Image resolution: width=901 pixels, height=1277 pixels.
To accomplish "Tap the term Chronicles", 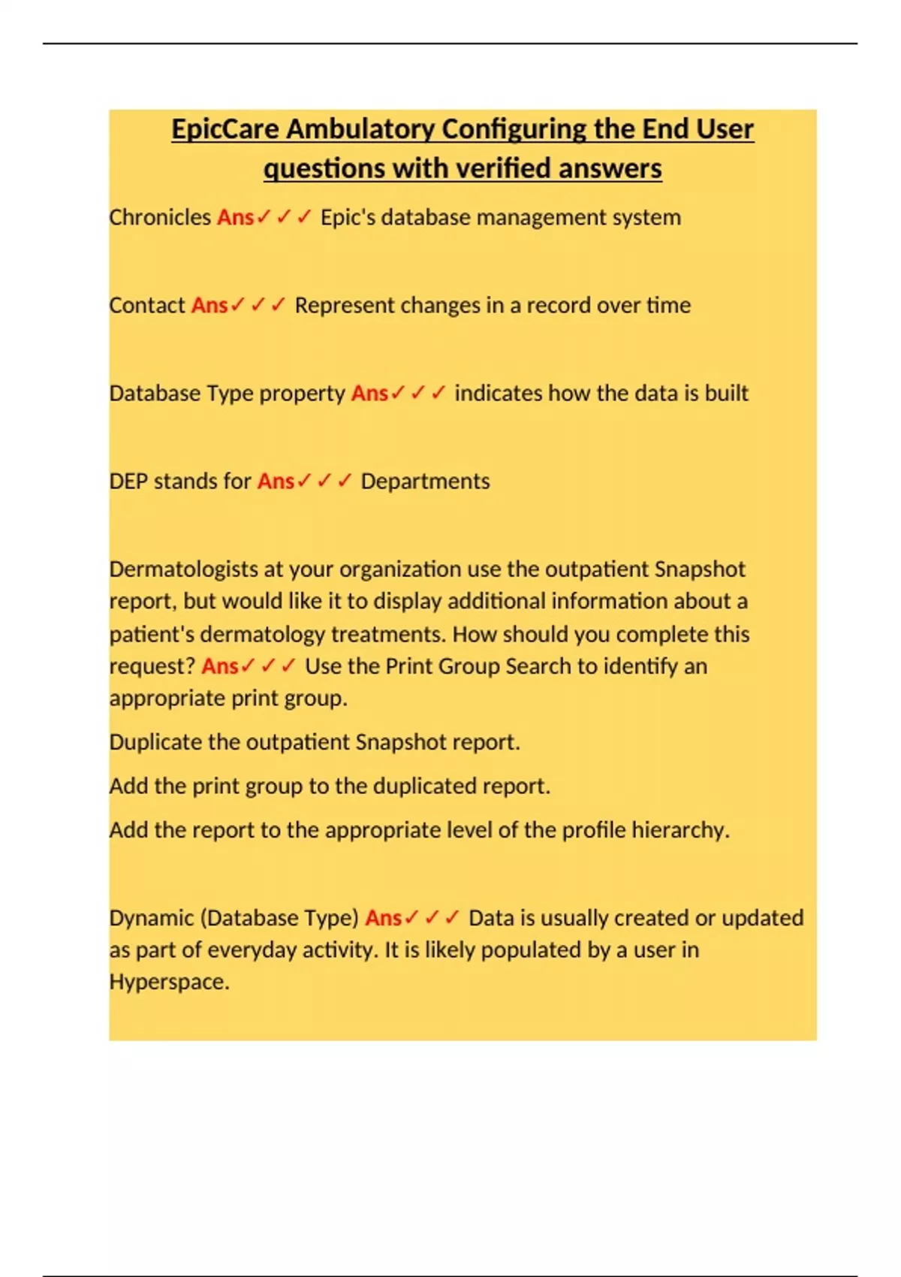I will [x=160, y=217].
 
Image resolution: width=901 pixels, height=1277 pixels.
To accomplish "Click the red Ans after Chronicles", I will [x=235, y=217].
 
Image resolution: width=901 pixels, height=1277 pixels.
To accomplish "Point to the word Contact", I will [x=147, y=305].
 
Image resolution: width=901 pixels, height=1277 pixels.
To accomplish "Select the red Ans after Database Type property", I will [x=369, y=393].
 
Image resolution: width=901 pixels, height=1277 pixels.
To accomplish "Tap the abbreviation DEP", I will [x=128, y=481].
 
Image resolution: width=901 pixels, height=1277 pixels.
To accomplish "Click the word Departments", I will [x=425, y=481].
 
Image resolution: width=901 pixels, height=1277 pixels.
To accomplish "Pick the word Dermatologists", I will [x=183, y=569].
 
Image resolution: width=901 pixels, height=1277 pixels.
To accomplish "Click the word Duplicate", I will [x=155, y=742].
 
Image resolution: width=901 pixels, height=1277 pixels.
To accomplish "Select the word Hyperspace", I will [x=169, y=982].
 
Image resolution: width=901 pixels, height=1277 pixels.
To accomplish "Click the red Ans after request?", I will [x=220, y=666].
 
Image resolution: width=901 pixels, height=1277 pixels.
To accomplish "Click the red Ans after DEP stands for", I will [x=276, y=481].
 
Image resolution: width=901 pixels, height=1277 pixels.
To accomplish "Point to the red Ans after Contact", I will [x=209, y=305].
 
